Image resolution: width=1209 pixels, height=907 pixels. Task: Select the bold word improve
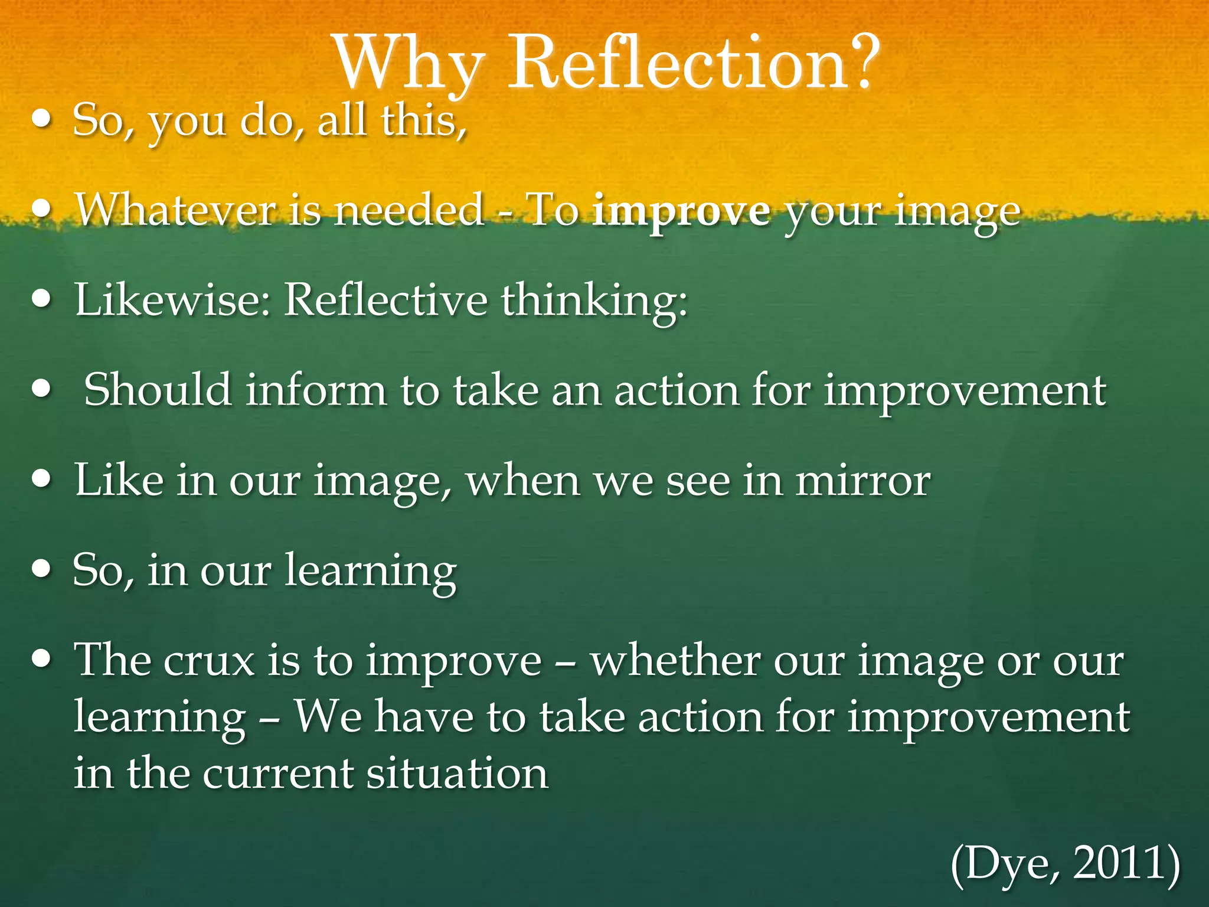[x=682, y=210]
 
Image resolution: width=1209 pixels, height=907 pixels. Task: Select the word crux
[x=209, y=660]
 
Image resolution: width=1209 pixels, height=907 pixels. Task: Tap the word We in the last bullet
[x=328, y=717]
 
